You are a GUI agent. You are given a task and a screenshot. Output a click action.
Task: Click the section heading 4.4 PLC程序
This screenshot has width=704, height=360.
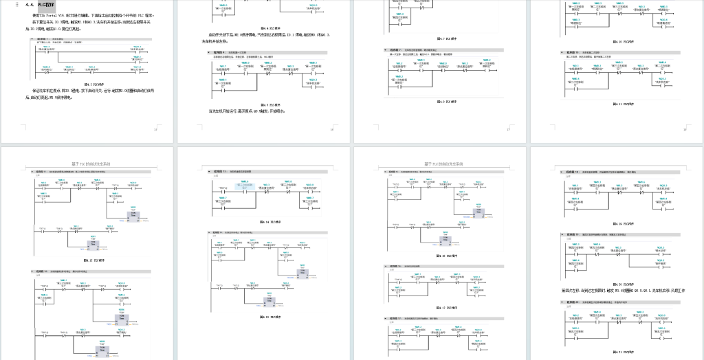tap(41, 4)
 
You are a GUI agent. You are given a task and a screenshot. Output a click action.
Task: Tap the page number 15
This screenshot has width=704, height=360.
tap(156, 128)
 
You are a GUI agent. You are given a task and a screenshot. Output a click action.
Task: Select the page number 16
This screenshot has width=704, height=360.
tap(332, 128)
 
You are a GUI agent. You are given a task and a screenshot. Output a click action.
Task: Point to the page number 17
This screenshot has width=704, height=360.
tap(508, 128)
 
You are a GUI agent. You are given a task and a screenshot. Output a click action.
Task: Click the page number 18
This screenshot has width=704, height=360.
tap(685, 128)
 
